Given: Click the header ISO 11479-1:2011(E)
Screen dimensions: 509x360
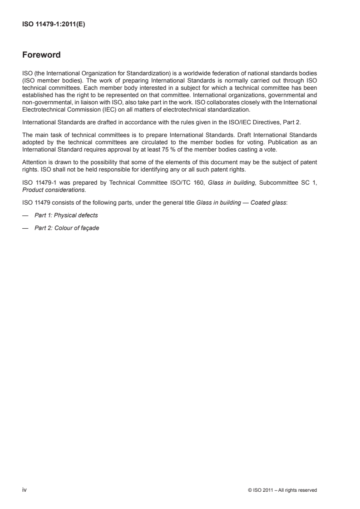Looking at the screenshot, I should coord(54,25).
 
